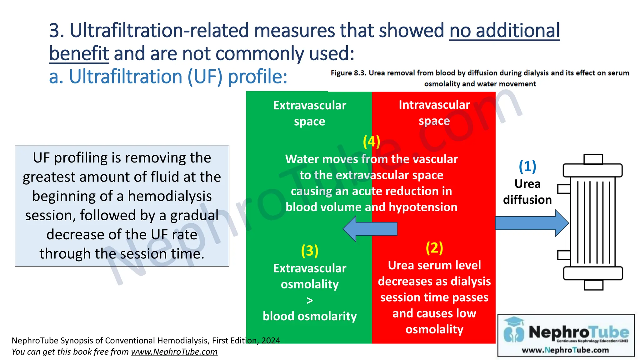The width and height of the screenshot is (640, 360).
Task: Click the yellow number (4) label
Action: click(371, 142)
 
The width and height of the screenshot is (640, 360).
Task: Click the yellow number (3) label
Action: click(309, 251)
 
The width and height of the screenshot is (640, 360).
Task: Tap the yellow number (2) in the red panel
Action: click(434, 248)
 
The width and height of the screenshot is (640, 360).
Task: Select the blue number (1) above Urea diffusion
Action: click(527, 166)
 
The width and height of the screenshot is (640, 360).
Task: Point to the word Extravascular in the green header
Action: click(309, 105)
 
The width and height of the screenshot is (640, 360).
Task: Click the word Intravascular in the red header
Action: click(434, 105)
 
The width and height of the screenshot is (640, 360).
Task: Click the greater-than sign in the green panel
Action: click(309, 300)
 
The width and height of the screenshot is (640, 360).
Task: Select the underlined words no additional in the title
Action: click(504, 31)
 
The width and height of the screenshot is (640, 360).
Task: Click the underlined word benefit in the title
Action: click(79, 53)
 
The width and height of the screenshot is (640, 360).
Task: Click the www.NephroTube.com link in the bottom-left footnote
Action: click(174, 352)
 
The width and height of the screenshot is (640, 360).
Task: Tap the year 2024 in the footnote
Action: click(271, 340)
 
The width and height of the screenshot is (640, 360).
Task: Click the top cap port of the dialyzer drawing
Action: click(593, 159)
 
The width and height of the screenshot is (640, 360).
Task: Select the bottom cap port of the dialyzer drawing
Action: click(593, 285)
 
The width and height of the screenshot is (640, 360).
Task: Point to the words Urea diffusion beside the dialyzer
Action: click(527, 192)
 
